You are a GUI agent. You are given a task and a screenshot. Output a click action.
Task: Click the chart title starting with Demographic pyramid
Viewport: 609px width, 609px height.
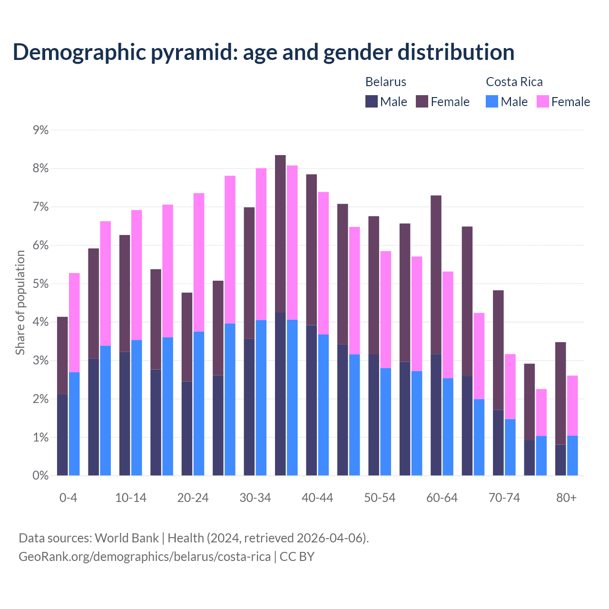[x=264, y=52]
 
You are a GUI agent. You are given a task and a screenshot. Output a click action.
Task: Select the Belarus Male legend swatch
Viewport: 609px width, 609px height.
[x=372, y=101]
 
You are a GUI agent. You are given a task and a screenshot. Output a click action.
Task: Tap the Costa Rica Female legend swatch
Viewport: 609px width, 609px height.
[x=542, y=101]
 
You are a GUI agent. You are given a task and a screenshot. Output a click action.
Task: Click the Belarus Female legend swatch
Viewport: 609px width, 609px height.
[x=422, y=101]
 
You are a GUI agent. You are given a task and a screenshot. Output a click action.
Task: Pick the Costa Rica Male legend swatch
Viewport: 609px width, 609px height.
[x=492, y=101]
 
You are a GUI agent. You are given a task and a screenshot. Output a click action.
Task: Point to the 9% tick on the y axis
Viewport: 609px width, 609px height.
[x=40, y=130]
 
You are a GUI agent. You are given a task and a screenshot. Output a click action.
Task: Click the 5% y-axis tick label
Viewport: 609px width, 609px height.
[x=40, y=284]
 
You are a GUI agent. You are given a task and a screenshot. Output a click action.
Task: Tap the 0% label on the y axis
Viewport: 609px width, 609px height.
[x=40, y=475]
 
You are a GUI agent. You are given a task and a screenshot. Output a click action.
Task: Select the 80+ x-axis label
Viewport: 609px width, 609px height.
[x=566, y=498]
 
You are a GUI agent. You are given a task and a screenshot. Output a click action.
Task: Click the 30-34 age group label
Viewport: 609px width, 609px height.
[x=255, y=498]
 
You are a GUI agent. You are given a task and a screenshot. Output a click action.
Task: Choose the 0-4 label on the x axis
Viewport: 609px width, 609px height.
[x=68, y=498]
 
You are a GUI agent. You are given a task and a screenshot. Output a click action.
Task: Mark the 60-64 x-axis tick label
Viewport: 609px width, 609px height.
[x=442, y=498]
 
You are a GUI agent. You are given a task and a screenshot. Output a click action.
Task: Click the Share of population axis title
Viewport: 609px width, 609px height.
[x=20, y=303]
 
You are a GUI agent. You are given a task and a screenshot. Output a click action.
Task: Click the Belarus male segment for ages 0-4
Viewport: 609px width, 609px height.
[x=62, y=435]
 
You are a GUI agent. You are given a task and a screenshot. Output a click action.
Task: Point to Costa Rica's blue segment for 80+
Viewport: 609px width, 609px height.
[x=572, y=455]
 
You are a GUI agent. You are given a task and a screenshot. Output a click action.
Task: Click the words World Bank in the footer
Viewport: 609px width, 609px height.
[x=127, y=538]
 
